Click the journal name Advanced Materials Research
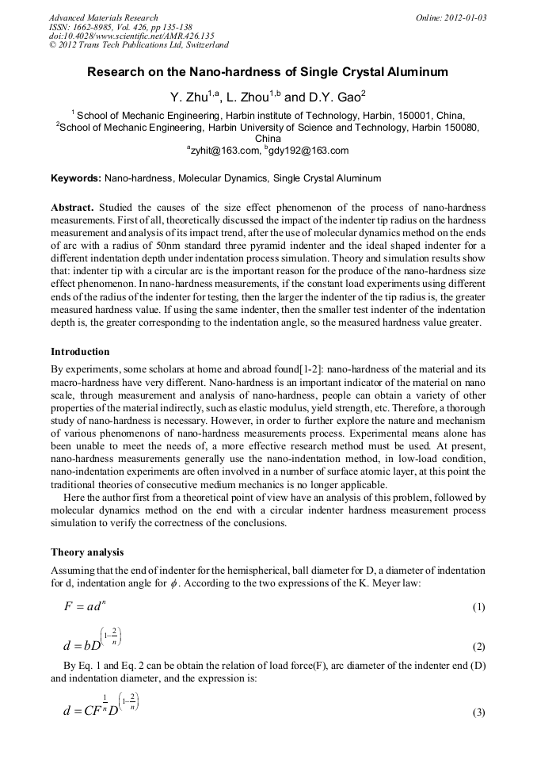pyautogui.click(x=103, y=17)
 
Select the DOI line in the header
pyautogui.click(x=131, y=36)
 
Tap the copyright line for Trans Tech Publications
pyautogui.click(x=139, y=45)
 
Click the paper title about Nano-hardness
pyautogui.click(x=268, y=72)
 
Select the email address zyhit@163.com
pyautogui.click(x=224, y=151)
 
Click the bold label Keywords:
pyautogui.click(x=76, y=178)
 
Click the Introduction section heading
pyautogui.click(x=80, y=351)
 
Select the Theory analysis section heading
pyautogui.click(x=87, y=552)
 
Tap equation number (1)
pyautogui.click(x=478, y=607)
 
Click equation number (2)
pyautogui.click(x=478, y=646)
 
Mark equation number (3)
pyautogui.click(x=478, y=712)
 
